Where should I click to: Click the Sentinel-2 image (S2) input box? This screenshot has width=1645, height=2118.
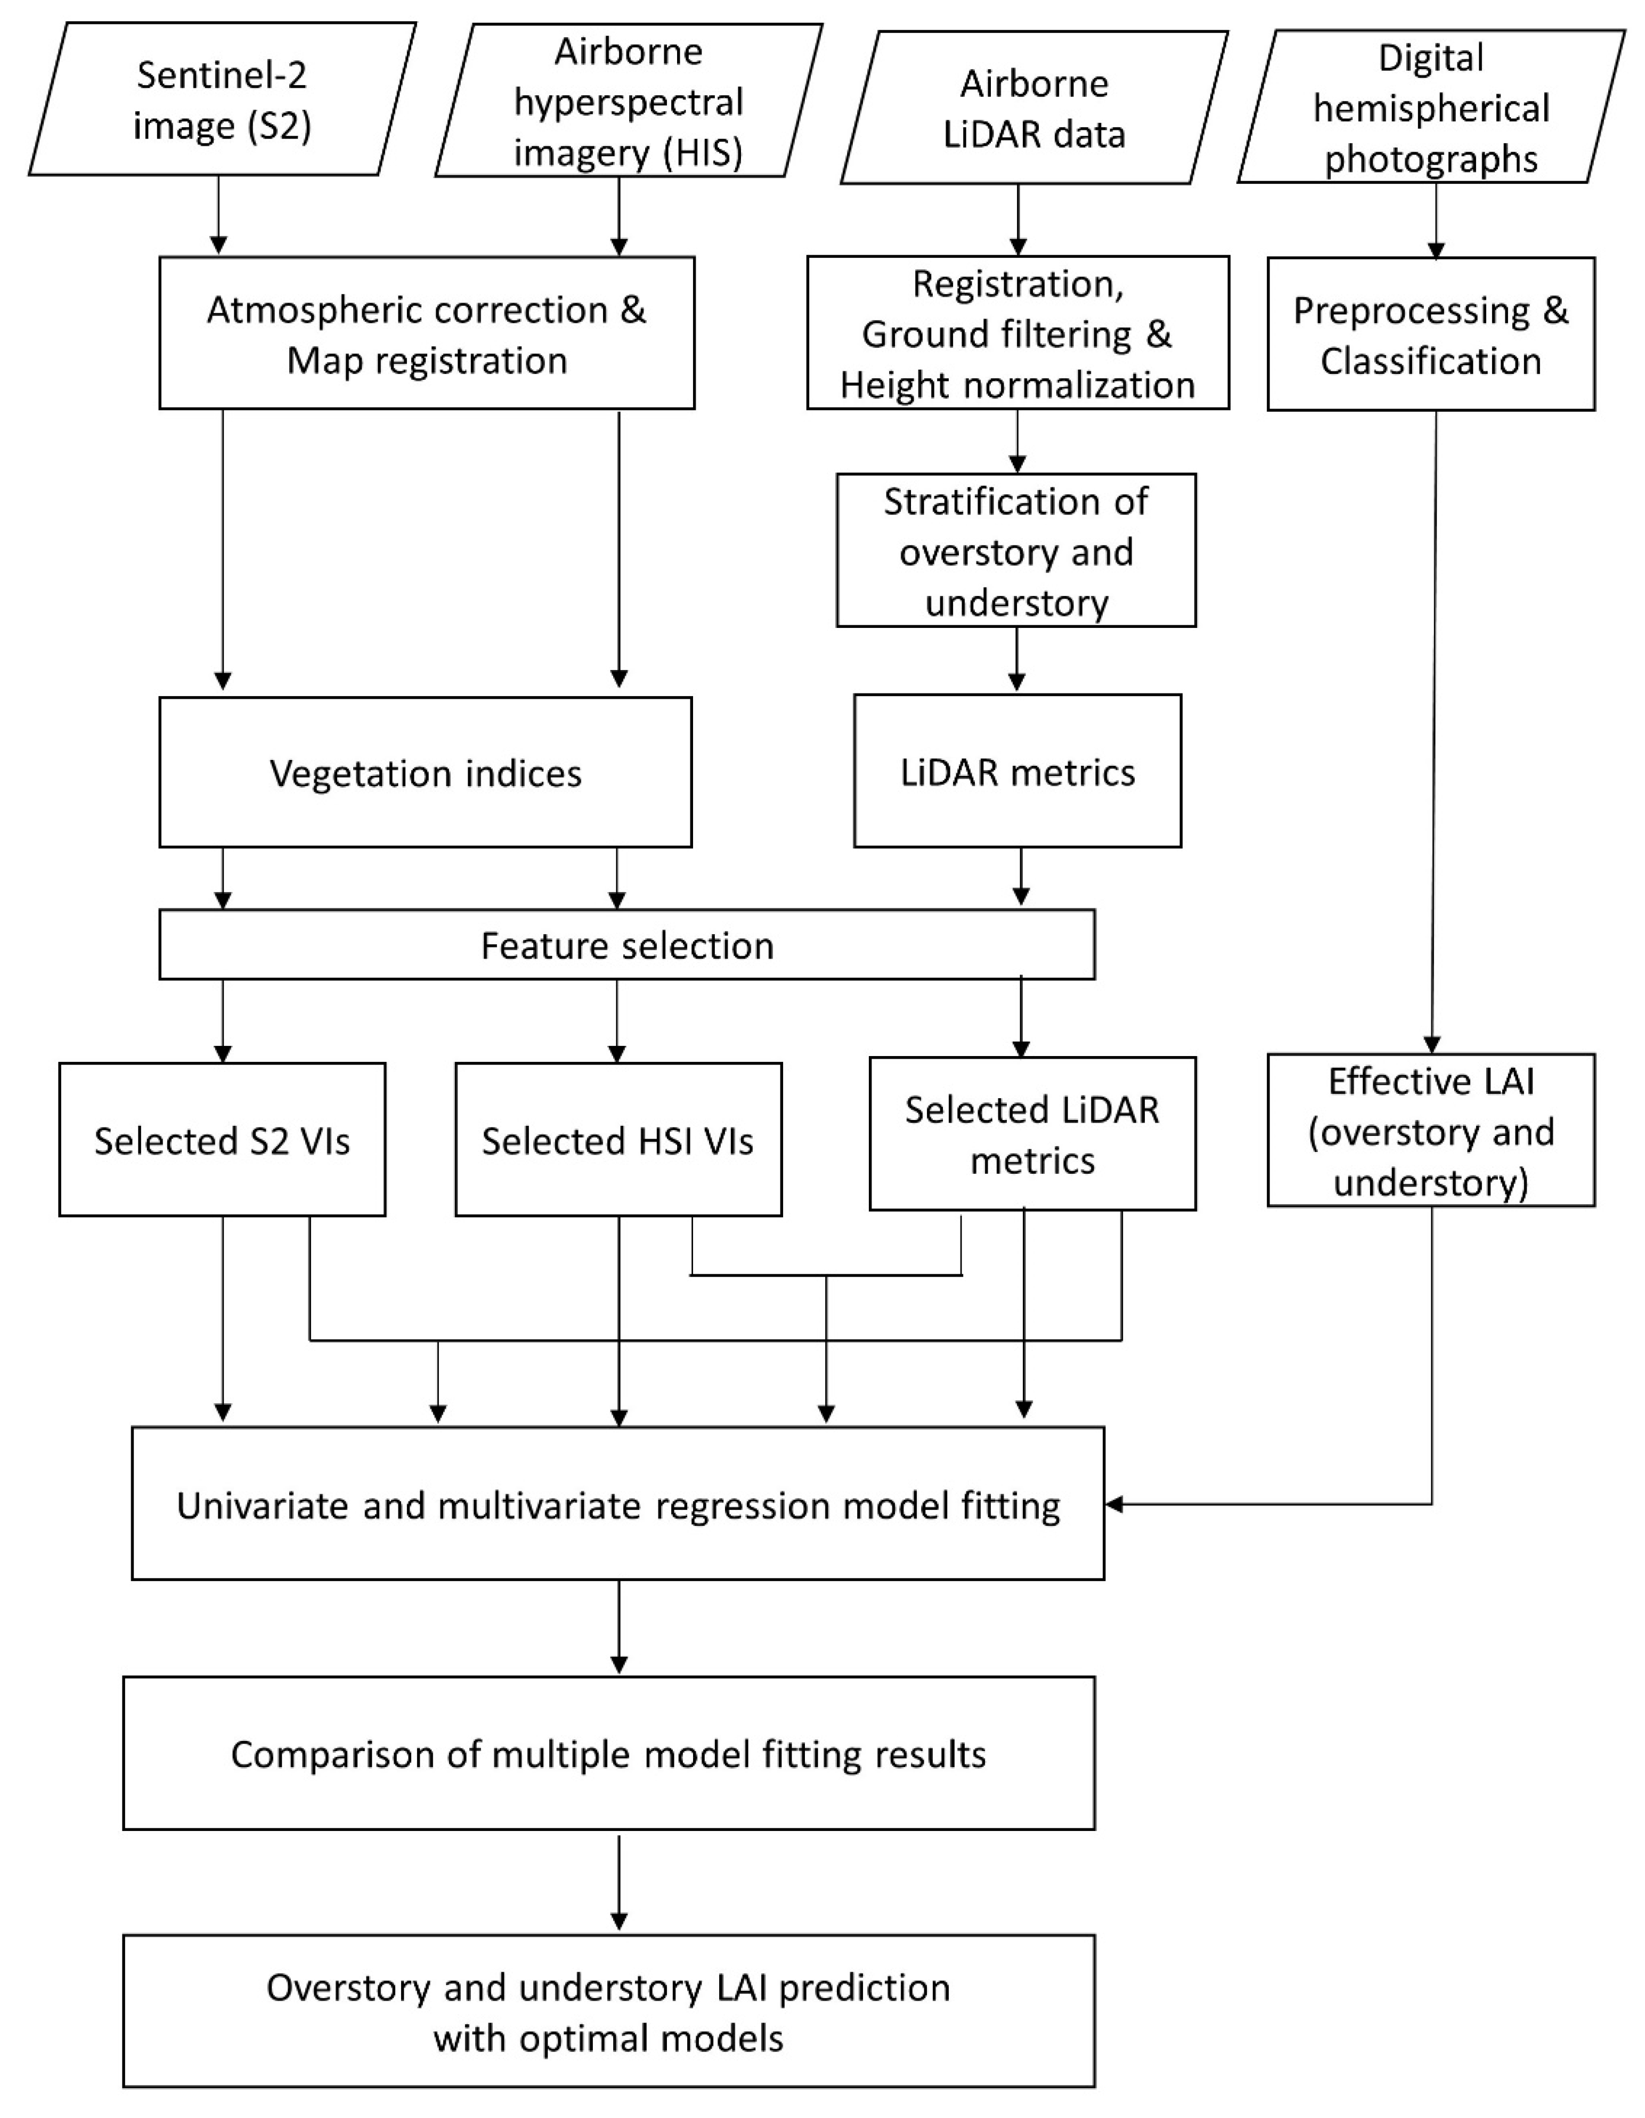coord(222,100)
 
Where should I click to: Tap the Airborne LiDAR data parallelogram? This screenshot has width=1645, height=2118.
coord(1034,108)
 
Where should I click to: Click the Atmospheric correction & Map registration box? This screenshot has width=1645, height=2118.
coord(427,333)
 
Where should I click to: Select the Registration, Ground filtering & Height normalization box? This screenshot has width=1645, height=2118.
coord(1017,333)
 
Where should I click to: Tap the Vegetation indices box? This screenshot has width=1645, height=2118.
coord(426,773)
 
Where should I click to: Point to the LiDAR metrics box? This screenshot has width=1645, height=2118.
coord(1017,772)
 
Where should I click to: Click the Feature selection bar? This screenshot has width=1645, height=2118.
coord(626,945)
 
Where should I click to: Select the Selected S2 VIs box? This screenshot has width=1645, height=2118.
coord(222,1140)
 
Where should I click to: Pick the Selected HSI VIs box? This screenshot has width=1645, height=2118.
coord(618,1140)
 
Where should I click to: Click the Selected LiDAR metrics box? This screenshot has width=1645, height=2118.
coord(1032,1135)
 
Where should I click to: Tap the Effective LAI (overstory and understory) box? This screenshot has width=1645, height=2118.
coord(1431,1131)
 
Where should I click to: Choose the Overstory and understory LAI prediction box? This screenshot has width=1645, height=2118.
coord(608,2013)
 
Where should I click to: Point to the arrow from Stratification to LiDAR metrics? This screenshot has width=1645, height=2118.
coord(1016,659)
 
